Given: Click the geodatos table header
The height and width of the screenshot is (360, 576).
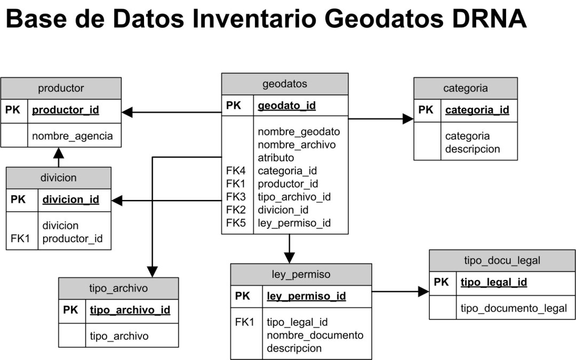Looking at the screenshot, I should [285, 84].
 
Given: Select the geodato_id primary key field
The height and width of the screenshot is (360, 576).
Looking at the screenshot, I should [286, 106].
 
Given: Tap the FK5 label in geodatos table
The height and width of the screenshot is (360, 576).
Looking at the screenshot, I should [235, 223].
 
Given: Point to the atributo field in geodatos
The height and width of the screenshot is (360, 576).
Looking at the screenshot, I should [276, 158].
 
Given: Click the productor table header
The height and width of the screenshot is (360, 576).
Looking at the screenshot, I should [61, 88].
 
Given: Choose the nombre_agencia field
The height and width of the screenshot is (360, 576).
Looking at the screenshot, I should [73, 136].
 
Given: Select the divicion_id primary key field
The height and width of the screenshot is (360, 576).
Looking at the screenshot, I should [70, 199].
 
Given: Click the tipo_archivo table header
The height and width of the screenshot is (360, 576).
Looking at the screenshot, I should [118, 289].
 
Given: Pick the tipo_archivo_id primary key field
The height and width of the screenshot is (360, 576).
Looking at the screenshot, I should [130, 310].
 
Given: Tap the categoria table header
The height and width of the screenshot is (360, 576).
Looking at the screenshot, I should [465, 88].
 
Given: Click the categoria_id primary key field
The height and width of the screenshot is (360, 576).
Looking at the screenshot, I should [477, 110].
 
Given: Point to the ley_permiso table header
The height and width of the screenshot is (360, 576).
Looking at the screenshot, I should [301, 275].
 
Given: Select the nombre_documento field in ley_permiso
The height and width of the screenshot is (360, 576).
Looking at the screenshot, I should [315, 335].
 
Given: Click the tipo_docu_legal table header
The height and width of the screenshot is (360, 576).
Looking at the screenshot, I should [502, 260].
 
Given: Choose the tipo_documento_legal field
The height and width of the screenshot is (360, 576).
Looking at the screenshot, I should [513, 308].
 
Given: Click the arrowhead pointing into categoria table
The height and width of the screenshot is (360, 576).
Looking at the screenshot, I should [408, 119].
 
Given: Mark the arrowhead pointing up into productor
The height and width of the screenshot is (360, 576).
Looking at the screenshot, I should [59, 153].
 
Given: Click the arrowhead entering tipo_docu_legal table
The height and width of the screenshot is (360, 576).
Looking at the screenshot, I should [423, 291].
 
